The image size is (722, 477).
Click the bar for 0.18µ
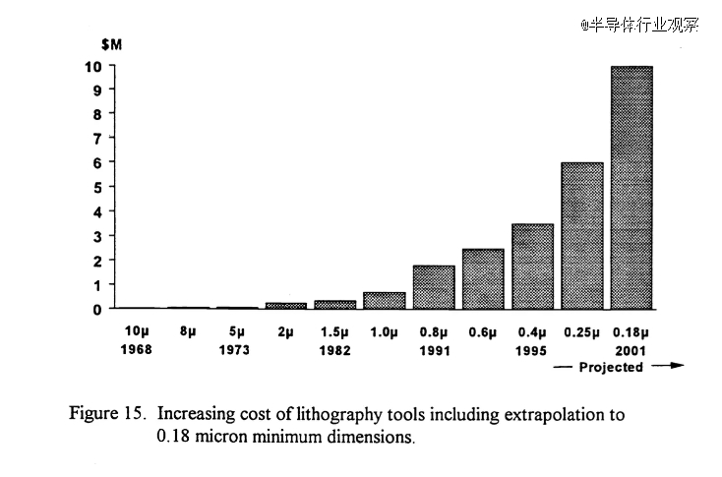(632, 187)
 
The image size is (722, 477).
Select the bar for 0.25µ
(581, 235)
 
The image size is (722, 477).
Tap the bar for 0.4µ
(532, 266)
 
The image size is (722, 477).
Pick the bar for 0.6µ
(483, 278)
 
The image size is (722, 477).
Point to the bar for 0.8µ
(433, 286)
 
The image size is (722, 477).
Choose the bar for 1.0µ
(384, 300)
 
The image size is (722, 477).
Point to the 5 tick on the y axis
(96, 187)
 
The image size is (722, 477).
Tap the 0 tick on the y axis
(96, 309)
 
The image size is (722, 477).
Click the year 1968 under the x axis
(137, 349)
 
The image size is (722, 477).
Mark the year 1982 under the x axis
(334, 349)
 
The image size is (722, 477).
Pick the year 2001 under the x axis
(631, 349)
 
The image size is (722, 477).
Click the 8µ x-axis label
(187, 332)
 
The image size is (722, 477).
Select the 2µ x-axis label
(285, 332)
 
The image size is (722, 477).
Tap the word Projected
(612, 367)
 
